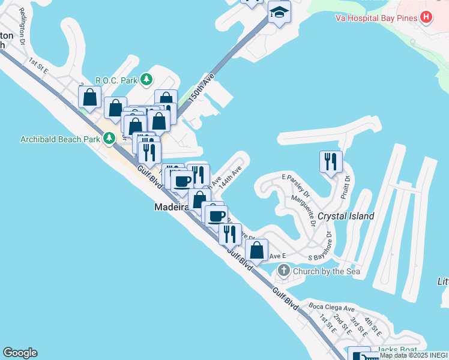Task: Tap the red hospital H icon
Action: point(426,17)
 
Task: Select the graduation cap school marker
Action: point(279,12)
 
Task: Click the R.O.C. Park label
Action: point(116,80)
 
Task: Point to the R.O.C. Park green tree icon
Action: point(146,79)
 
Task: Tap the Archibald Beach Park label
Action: point(59,139)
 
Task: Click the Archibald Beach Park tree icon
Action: point(109,139)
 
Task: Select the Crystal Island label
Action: point(346,216)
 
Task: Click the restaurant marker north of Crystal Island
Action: point(331,162)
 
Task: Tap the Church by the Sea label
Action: point(326,271)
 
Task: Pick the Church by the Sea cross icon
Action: point(284,271)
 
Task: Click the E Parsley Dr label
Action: point(295,185)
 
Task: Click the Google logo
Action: point(20,353)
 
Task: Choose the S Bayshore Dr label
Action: point(329,248)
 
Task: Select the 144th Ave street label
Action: point(230,178)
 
